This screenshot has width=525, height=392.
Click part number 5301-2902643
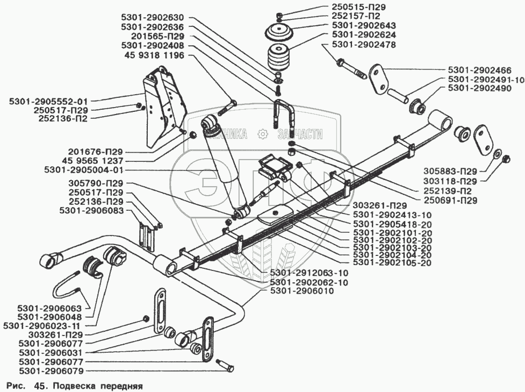364,25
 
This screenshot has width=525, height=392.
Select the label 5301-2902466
480,70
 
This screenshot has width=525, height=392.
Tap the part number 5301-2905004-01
83,170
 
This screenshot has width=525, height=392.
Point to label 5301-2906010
302,291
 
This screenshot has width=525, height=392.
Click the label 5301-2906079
51,371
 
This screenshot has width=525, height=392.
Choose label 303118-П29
450,181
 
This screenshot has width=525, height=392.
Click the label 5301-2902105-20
392,262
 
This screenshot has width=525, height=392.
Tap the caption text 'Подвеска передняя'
98,386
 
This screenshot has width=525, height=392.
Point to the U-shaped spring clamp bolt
284,115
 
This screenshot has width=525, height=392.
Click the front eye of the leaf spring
165,266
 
